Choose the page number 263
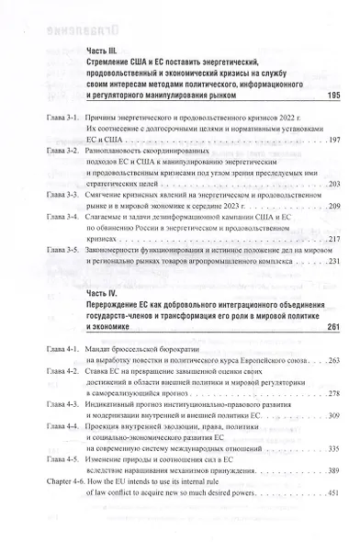333,361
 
